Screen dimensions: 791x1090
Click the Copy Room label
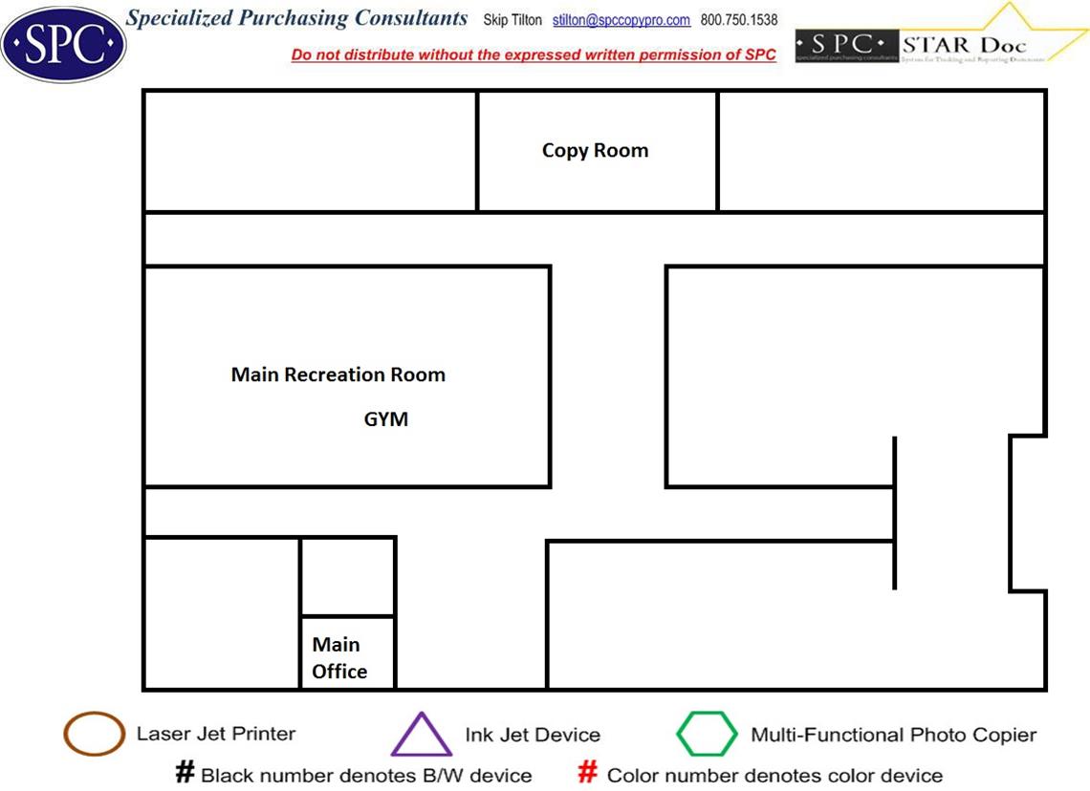click(x=595, y=151)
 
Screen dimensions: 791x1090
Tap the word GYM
click(x=386, y=419)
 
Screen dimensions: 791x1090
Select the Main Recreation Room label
click(x=338, y=374)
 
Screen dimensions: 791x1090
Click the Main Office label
click(x=338, y=658)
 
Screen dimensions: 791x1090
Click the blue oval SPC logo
click(x=63, y=43)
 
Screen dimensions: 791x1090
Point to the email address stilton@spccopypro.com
click(x=621, y=20)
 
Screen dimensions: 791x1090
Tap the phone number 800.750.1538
click(x=739, y=20)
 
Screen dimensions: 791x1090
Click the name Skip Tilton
click(x=506, y=20)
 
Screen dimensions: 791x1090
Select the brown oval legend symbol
click(x=94, y=735)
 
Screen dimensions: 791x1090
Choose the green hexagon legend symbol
click(x=707, y=735)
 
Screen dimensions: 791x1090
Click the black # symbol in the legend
click(x=185, y=773)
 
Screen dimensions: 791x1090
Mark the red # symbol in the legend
click(x=589, y=773)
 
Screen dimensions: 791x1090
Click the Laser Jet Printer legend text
click(x=216, y=734)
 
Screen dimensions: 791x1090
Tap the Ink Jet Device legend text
click(x=533, y=735)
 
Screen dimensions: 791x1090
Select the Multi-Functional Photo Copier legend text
click(x=893, y=735)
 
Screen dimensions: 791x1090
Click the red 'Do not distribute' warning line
click(x=534, y=55)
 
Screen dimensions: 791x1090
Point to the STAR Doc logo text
click(x=964, y=44)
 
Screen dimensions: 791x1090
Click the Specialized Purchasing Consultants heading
click(x=297, y=19)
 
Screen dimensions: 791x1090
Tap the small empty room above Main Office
click(x=348, y=577)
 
